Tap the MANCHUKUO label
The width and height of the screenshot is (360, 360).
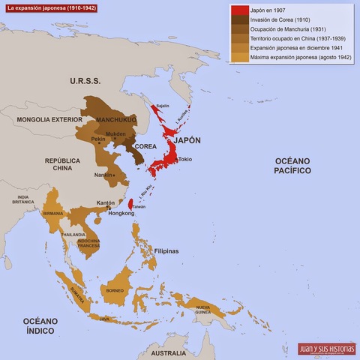(109, 118)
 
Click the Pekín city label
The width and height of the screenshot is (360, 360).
(98, 139)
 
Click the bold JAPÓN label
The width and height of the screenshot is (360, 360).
(187, 140)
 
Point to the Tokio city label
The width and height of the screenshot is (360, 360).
(186, 159)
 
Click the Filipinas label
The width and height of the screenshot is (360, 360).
(166, 251)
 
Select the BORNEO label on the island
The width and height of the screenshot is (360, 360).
(114, 290)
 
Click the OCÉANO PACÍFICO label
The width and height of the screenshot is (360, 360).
(292, 166)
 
